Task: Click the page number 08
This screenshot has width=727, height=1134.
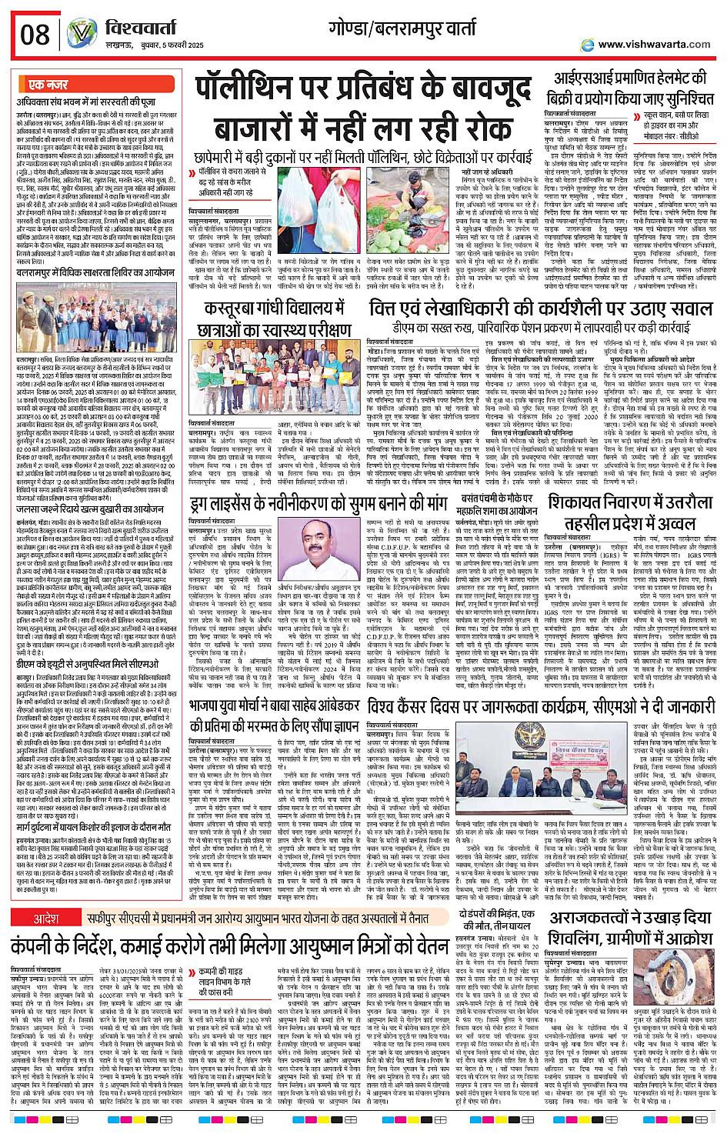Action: (x=35, y=35)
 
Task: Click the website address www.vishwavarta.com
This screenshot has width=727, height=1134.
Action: (x=654, y=45)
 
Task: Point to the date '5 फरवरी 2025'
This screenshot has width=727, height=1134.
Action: (x=178, y=45)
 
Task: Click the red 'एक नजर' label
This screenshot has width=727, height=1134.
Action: (x=48, y=85)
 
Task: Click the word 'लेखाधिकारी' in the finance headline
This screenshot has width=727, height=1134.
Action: (x=469, y=309)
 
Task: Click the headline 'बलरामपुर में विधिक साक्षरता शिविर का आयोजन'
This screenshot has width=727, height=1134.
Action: (x=95, y=272)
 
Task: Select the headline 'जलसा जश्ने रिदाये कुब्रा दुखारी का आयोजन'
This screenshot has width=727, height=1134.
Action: (x=91, y=509)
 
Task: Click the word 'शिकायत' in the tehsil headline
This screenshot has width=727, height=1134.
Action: (x=585, y=504)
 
